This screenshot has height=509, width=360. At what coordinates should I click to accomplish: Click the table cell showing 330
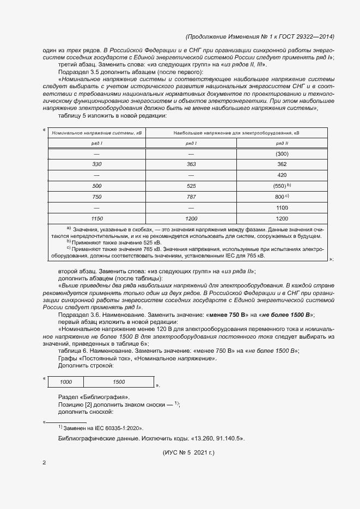click(x=97, y=164)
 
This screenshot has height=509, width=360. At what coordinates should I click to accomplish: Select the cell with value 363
click(x=191, y=164)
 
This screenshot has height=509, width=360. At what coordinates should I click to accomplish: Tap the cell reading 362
click(x=282, y=164)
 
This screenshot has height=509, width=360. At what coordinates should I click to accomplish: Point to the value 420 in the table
click(x=282, y=175)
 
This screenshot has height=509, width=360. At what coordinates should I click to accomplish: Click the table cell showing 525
click(x=191, y=186)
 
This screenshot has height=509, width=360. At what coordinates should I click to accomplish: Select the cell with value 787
click(x=191, y=197)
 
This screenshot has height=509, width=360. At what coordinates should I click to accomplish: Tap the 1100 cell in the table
click(x=282, y=207)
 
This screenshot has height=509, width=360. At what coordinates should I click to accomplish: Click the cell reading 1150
click(x=97, y=218)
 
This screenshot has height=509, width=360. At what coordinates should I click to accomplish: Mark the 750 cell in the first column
click(x=97, y=197)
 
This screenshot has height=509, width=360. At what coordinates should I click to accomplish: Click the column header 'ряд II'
click(x=282, y=143)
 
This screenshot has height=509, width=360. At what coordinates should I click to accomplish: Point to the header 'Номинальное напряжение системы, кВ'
click(x=97, y=132)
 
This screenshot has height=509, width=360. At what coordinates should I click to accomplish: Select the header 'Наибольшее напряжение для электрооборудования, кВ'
click(x=236, y=132)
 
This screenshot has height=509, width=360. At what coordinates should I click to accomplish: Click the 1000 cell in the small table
click(x=66, y=382)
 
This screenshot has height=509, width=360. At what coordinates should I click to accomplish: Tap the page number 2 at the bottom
click(x=44, y=463)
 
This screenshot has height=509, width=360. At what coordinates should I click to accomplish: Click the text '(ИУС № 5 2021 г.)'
click(x=189, y=452)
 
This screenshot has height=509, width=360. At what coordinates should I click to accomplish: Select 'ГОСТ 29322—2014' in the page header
click(x=308, y=36)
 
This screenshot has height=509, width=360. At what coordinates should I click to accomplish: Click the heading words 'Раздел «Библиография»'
click(x=94, y=396)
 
